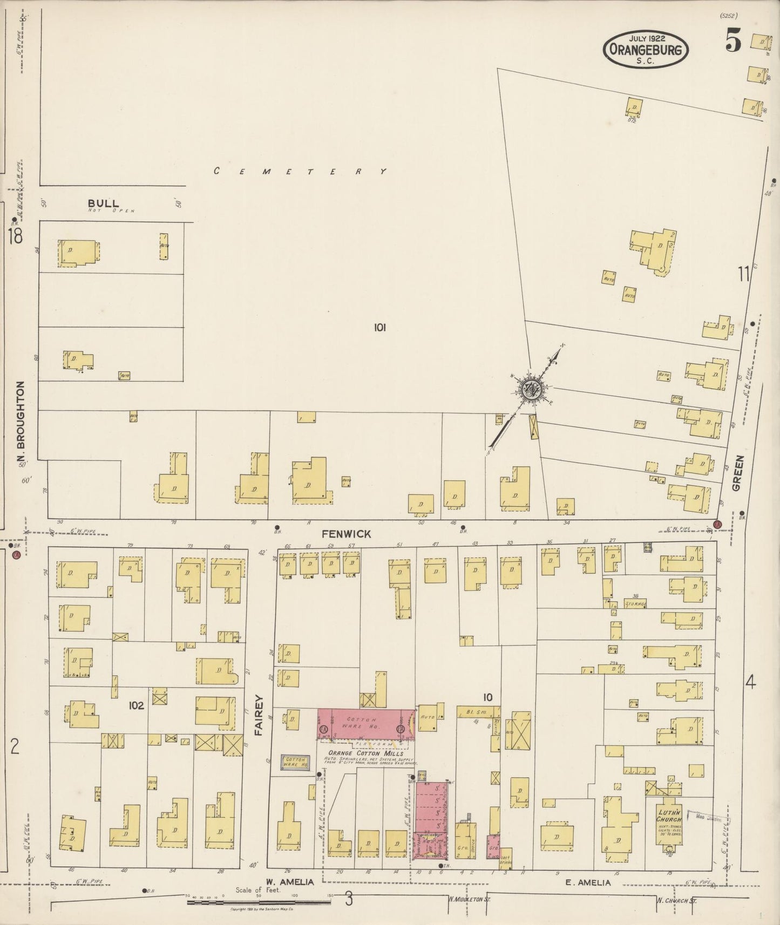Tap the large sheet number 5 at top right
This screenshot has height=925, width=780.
[x=732, y=42]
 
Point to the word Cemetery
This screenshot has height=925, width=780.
[x=300, y=171]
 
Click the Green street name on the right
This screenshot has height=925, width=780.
[x=738, y=473]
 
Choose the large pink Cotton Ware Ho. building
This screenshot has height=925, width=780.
[x=365, y=724]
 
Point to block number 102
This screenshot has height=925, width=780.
[x=136, y=705]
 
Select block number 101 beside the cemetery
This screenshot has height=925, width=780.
[x=379, y=327]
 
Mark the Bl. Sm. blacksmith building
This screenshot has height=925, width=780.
[x=477, y=712]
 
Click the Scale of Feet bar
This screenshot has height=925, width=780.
[x=259, y=902]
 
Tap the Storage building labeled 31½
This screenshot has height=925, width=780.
[x=635, y=603]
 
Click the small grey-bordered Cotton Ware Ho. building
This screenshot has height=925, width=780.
[x=296, y=762]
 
